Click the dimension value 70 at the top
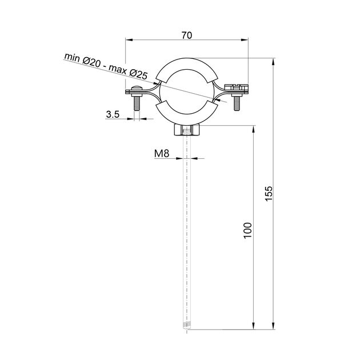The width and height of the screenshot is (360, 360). [186, 35]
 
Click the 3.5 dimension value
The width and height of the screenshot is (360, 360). [113, 114]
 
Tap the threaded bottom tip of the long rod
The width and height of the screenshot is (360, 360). [186, 327]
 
